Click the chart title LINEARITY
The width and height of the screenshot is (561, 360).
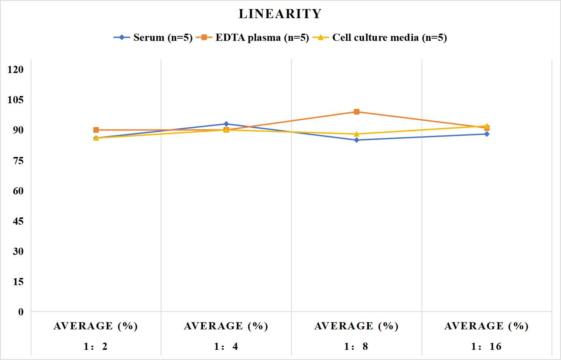280,14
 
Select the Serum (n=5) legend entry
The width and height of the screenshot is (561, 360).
153,37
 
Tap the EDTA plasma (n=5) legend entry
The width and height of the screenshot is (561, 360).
253,37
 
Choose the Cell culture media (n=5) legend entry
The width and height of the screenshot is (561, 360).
380,37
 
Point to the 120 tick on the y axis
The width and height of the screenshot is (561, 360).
15,70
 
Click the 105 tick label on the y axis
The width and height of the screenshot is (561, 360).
15,100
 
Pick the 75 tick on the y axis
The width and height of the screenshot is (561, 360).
18,161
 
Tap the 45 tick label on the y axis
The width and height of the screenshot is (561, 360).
18,221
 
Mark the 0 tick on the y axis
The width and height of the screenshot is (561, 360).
21,312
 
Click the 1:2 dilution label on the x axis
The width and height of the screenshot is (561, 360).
96,346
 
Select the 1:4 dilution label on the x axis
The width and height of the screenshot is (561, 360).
226,346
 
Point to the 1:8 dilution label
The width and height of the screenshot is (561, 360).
356,346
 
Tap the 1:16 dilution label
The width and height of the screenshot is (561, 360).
487,346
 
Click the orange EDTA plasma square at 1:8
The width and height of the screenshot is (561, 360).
356,112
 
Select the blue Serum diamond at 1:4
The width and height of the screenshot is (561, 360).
226,124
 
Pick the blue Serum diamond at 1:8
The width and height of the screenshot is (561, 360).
356,140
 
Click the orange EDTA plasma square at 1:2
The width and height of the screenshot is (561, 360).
96,130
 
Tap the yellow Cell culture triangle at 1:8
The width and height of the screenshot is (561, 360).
356,134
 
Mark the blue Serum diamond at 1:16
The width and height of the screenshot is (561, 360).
487,134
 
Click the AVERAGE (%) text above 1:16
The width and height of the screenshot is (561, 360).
487,326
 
